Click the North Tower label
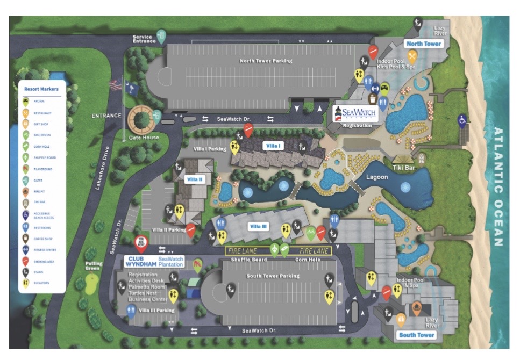click(x=424, y=44)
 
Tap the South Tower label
click(x=416, y=335)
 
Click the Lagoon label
click(x=377, y=177)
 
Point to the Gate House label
click(x=144, y=138)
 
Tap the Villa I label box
click(x=273, y=146)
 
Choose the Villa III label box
click(x=258, y=226)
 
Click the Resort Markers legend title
click(x=41, y=89)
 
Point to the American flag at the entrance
click(x=114, y=85)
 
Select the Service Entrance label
click(x=144, y=39)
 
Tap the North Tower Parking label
click(x=266, y=61)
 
